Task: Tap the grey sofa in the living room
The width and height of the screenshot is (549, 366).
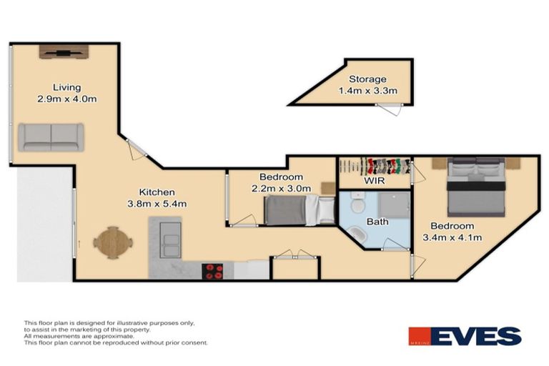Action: click(x=51, y=137)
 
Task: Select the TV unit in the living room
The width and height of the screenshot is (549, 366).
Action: click(x=64, y=51)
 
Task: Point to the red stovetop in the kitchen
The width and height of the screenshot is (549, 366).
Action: click(x=213, y=271)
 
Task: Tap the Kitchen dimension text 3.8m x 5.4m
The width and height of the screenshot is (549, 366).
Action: click(x=157, y=204)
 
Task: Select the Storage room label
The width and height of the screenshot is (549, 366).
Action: click(x=367, y=79)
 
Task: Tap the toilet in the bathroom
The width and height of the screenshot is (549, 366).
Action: click(x=357, y=207)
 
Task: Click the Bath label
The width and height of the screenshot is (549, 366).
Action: click(x=377, y=222)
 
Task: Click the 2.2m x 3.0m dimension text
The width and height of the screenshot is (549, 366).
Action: click(x=281, y=189)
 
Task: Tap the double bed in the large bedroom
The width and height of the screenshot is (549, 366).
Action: click(x=475, y=188)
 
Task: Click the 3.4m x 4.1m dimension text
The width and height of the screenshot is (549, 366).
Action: click(x=453, y=237)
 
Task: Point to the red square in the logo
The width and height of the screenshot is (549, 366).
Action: click(x=417, y=336)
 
